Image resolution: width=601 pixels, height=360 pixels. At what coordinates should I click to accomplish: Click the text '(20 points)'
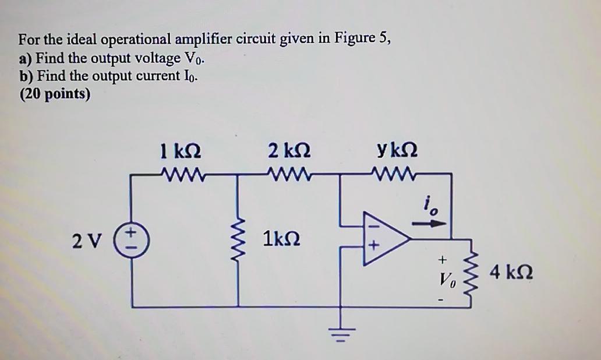point(54,94)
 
